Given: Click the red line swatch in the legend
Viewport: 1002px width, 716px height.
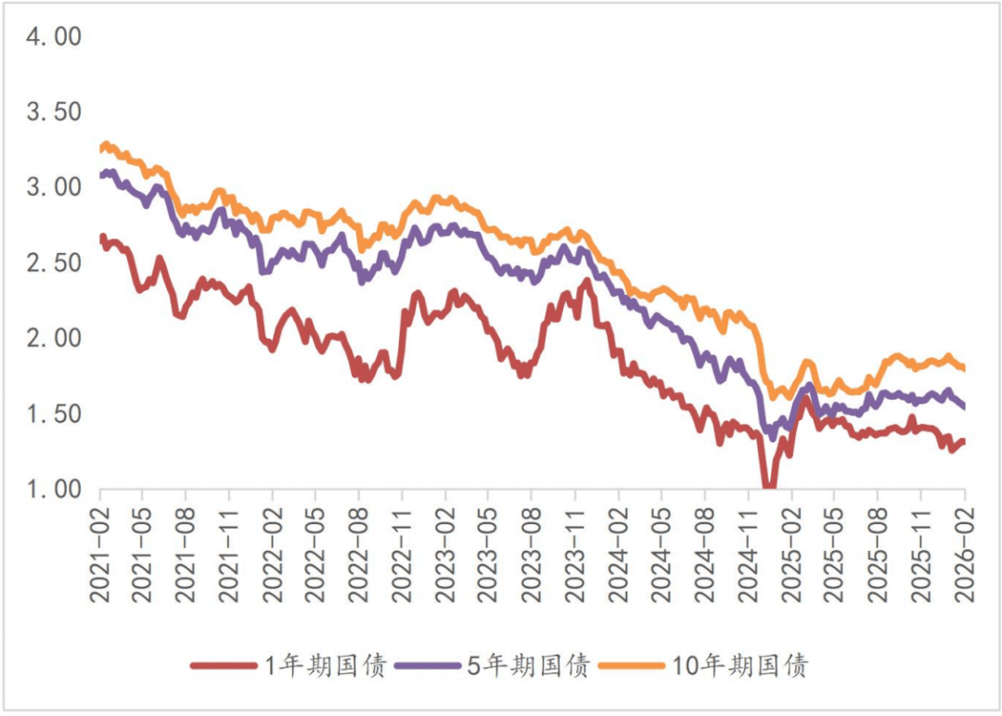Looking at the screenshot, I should (223, 665).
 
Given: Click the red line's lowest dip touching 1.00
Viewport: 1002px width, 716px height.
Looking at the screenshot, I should (769, 486).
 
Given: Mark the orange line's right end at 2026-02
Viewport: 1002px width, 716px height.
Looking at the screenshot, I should (964, 368).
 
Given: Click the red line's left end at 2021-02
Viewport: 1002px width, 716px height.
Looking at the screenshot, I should (101, 238).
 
